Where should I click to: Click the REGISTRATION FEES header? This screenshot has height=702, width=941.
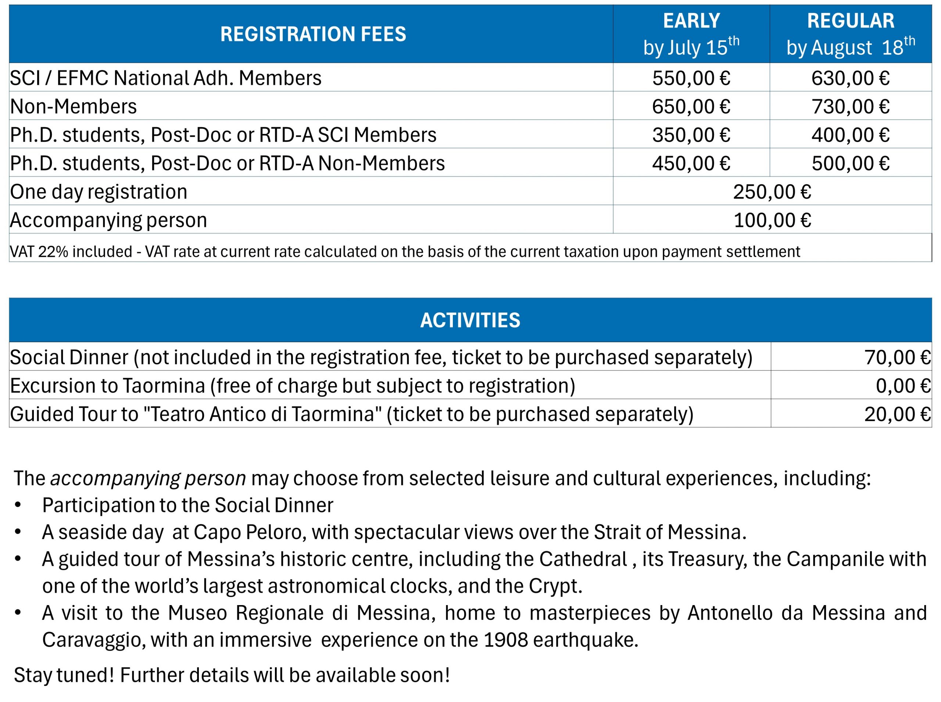[x=313, y=34]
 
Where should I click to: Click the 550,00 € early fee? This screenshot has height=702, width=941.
[x=691, y=78]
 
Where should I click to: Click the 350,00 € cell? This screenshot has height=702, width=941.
[x=691, y=135]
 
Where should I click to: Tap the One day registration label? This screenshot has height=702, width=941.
[x=98, y=192]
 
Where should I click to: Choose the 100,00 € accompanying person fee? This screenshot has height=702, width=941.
[x=772, y=221]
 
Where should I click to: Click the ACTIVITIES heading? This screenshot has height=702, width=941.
[x=470, y=321]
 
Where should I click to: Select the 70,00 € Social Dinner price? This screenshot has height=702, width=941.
[x=897, y=357]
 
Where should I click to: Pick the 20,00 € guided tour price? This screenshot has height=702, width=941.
[x=897, y=414]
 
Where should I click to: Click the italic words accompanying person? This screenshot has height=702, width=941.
[x=148, y=478]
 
